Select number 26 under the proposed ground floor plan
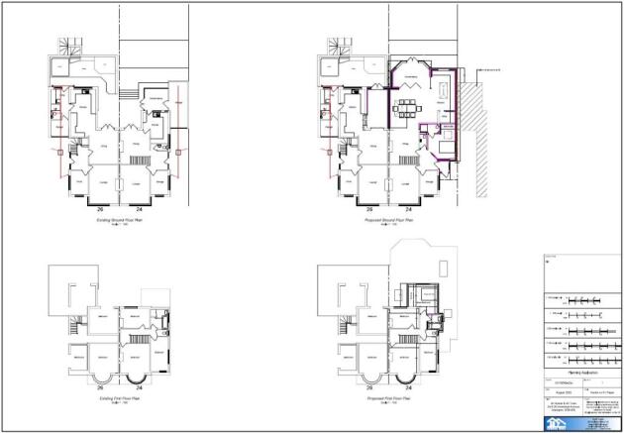[369, 211]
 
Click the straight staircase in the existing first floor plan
[76, 326]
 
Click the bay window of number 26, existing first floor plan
[101, 376]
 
